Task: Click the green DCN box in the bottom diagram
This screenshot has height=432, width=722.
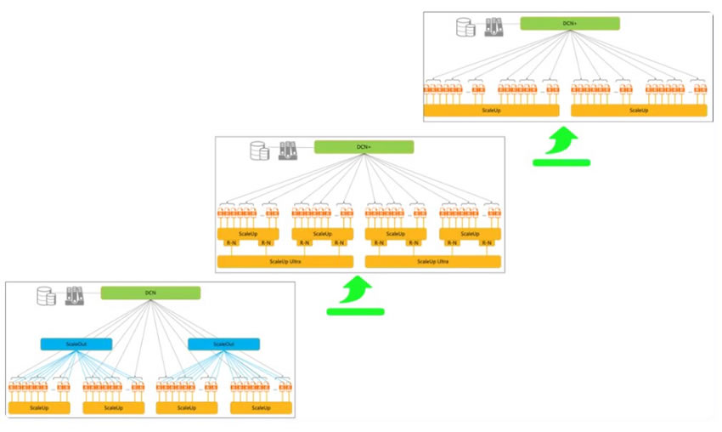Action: point(150,293)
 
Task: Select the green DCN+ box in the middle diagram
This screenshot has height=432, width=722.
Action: point(364,147)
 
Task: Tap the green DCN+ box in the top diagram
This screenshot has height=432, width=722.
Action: point(569,23)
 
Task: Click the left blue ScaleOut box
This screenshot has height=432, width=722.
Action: point(76,344)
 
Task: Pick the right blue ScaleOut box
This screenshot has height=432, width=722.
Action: point(223,344)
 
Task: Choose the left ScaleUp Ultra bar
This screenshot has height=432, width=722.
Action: point(285,261)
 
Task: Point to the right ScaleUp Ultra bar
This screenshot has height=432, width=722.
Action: point(432,261)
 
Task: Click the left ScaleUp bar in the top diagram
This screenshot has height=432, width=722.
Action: point(491,111)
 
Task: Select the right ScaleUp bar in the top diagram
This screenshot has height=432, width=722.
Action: point(639,111)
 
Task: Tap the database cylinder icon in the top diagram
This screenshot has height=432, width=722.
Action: point(465,27)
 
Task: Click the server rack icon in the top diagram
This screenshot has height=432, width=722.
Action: point(494,27)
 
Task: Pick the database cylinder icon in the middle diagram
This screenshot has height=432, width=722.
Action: point(258,151)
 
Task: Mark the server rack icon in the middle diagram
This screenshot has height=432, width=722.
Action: point(288,151)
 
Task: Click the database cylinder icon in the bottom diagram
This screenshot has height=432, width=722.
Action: point(45,297)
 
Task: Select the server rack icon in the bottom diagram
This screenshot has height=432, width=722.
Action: point(75,297)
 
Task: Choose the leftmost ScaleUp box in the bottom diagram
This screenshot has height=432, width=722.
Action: point(39,408)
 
